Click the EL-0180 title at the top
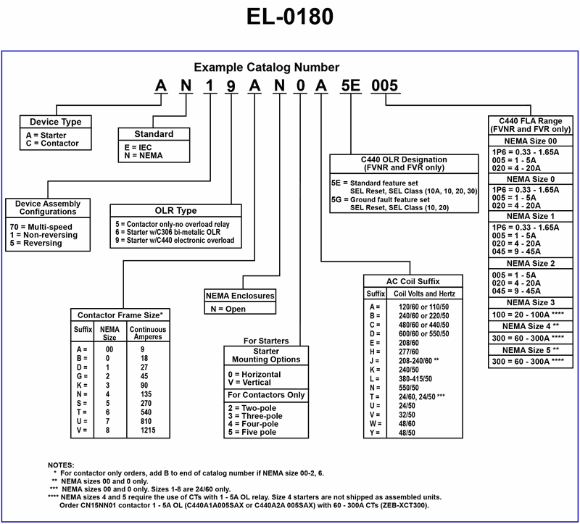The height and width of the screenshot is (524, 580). pos(289,17)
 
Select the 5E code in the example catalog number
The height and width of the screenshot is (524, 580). pos(350,86)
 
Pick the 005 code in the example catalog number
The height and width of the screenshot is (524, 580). pos(384,86)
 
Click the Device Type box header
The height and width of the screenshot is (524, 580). pos(55,122)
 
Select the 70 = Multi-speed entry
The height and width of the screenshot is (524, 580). pos(43,227)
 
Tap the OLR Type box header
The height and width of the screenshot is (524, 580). pos(177,211)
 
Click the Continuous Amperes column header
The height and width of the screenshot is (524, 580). pos(147,333)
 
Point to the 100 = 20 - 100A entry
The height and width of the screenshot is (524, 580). pos(528,315)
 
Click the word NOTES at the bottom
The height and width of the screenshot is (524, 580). pos(63,464)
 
